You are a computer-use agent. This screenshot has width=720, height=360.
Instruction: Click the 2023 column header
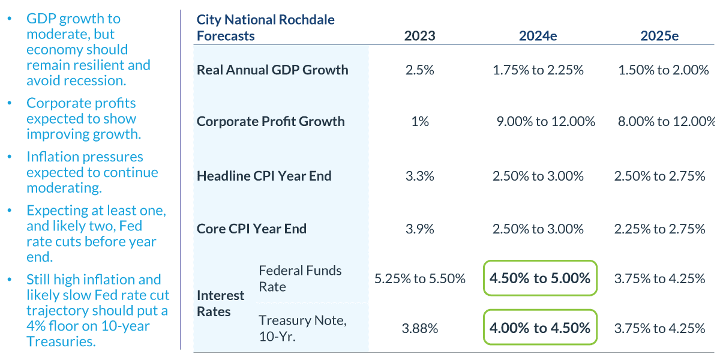[419, 36]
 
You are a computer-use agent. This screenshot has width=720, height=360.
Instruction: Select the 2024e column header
[538, 36]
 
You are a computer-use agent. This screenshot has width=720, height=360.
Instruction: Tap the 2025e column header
[659, 36]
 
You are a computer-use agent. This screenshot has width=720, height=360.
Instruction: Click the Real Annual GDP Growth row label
[272, 70]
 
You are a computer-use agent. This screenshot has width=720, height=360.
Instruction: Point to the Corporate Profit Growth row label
[271, 121]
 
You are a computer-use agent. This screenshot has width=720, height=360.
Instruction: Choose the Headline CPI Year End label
[264, 176]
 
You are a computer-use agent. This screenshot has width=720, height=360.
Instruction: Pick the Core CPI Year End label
[251, 229]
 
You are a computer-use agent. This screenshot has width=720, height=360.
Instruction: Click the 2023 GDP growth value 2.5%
[419, 70]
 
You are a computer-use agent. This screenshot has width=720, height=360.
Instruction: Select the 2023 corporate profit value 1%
[419, 122]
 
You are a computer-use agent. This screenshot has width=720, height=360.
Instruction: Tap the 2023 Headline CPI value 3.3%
[419, 176]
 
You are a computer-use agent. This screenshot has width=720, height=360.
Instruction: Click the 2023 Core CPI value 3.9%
[419, 229]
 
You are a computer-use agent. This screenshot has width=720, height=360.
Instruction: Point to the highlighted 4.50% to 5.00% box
[540, 278]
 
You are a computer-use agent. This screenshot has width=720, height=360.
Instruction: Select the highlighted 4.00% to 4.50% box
[540, 328]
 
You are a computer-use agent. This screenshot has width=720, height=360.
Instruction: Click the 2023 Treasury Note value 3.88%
[419, 329]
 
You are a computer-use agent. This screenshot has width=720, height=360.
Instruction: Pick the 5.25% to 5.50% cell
[419, 279]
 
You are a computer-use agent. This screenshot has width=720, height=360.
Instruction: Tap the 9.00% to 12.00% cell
[546, 122]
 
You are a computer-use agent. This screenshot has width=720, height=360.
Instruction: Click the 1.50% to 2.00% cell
[664, 70]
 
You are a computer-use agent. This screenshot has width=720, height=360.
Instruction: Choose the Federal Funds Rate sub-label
[300, 278]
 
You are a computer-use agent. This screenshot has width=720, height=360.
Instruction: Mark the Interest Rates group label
[221, 304]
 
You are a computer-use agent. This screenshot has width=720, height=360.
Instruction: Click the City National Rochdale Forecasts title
[266, 28]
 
